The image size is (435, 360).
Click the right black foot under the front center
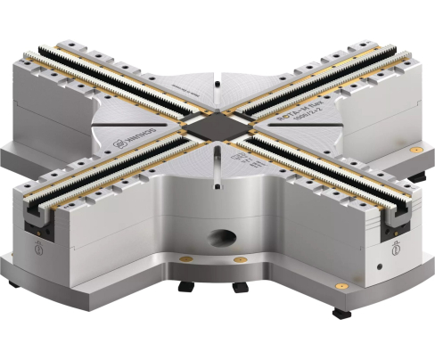(239, 289)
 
